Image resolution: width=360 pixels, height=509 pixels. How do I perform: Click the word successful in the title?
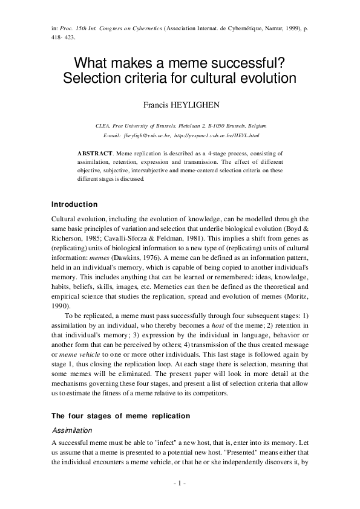(249, 63)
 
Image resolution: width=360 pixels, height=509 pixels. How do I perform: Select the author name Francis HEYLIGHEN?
(180, 103)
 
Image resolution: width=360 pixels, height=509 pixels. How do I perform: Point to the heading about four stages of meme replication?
(121, 416)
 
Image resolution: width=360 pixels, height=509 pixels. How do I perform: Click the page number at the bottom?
(180, 483)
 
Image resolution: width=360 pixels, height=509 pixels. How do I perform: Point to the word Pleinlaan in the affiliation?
(201, 125)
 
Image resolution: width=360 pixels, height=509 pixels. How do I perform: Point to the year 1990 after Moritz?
(61, 305)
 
